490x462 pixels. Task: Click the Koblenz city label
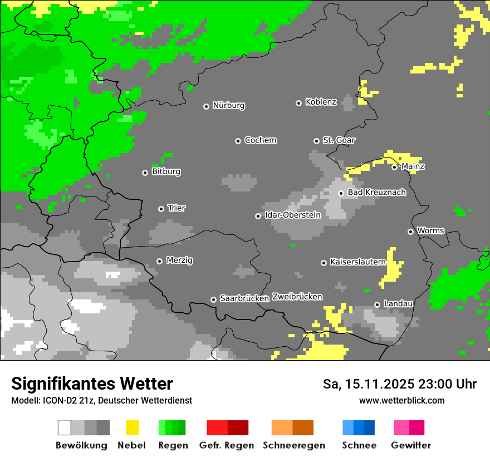321,102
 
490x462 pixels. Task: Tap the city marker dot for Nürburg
206,106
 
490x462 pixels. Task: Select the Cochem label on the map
260,140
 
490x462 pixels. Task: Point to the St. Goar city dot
316,141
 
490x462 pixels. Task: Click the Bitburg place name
166,172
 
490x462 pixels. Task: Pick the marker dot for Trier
161,209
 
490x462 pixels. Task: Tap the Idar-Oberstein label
292,215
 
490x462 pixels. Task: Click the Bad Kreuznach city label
376,193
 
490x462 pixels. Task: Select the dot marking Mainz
394,166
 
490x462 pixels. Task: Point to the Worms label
430,230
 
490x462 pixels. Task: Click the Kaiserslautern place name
357,262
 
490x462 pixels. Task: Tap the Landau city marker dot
377,304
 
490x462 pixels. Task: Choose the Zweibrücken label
297,297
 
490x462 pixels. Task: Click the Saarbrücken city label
244,298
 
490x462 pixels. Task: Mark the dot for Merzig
159,261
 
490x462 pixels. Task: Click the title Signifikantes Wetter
92,384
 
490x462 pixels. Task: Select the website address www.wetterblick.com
401,401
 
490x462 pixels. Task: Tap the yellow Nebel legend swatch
132,427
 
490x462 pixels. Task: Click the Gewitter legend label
410,445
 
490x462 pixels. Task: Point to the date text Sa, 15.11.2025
367,384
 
